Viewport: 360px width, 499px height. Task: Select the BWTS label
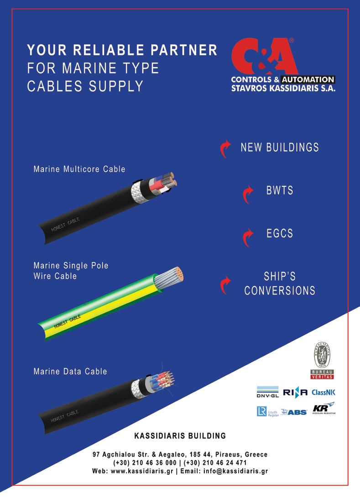click(x=280, y=190)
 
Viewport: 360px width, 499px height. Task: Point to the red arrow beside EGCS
click(x=247, y=237)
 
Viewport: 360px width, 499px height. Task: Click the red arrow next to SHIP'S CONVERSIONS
click(x=224, y=284)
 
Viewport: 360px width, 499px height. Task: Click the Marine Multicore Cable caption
click(x=79, y=169)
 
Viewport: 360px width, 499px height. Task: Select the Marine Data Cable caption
click(x=70, y=371)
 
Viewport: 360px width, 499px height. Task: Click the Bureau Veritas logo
click(x=322, y=361)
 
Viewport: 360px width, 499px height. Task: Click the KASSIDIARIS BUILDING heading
click(x=180, y=436)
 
